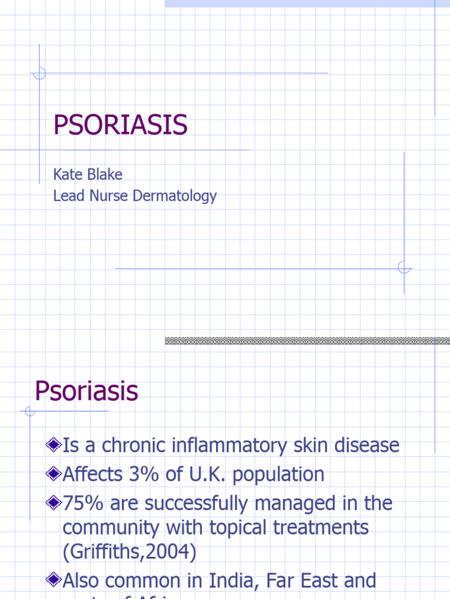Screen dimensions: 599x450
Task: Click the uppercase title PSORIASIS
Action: click(x=120, y=125)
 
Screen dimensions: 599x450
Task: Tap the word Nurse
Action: click(x=109, y=196)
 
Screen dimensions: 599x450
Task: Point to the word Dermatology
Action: click(x=175, y=197)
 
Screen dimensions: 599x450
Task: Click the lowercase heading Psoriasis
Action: click(x=86, y=391)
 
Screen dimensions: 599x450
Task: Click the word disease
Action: click(x=363, y=446)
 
